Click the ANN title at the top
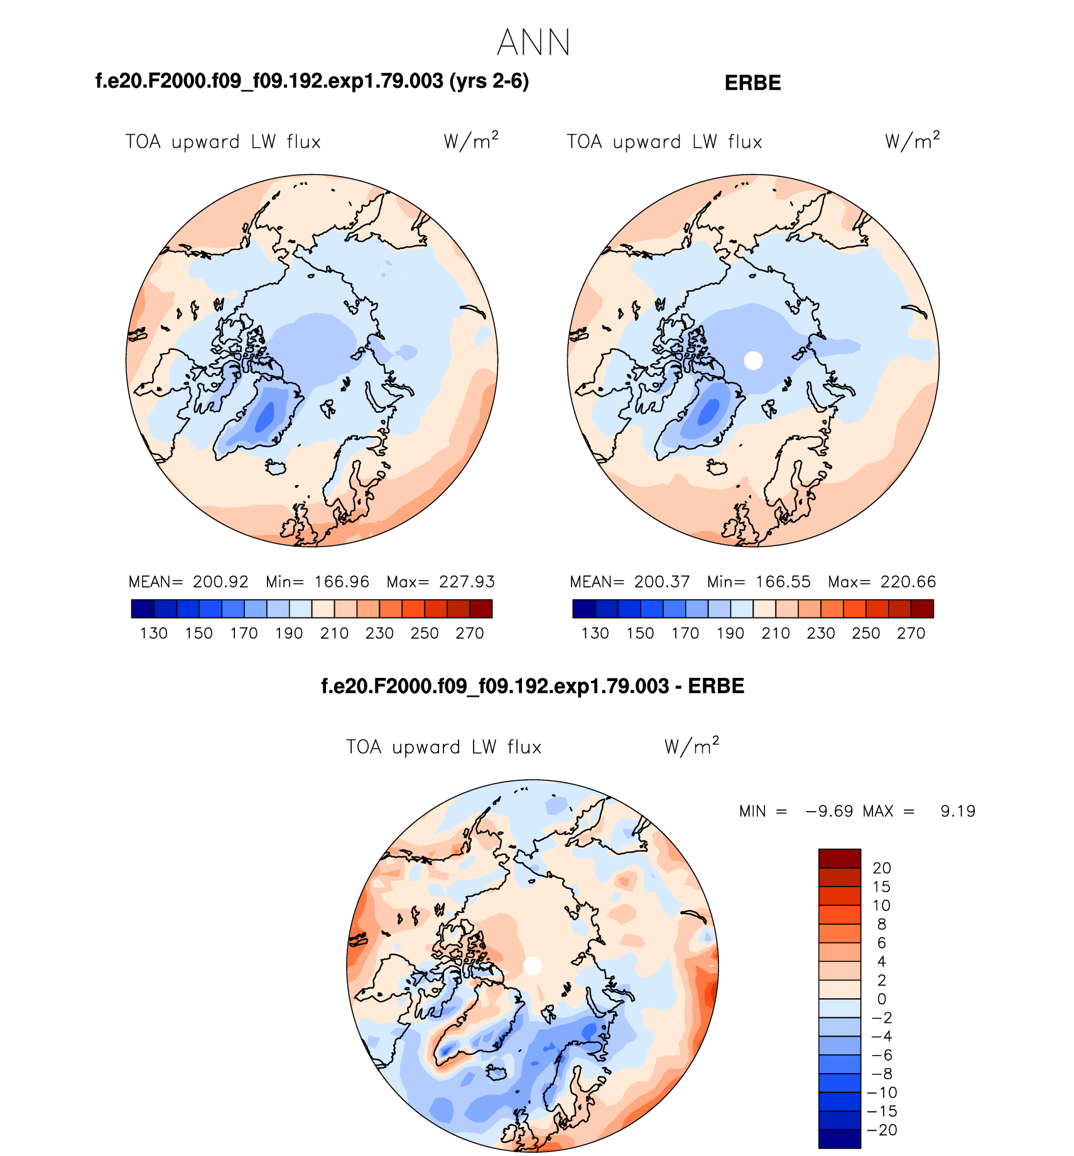(x=534, y=43)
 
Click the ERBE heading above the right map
(x=752, y=83)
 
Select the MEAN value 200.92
(x=220, y=582)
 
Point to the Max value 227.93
(x=467, y=582)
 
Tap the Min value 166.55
(x=783, y=582)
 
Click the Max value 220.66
(x=908, y=582)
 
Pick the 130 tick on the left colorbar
(x=154, y=633)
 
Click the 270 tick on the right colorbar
(x=911, y=633)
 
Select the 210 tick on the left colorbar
(x=334, y=633)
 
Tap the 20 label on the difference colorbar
(x=882, y=868)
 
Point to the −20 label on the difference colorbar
(x=882, y=1130)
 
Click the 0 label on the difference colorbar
(x=882, y=999)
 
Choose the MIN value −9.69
(x=829, y=811)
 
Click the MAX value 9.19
(x=958, y=811)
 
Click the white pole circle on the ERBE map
(x=753, y=361)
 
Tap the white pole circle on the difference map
(x=533, y=966)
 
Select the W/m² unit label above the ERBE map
(x=912, y=141)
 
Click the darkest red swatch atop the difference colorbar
(x=840, y=858)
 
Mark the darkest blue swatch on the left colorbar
(x=143, y=609)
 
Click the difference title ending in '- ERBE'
(x=533, y=686)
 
